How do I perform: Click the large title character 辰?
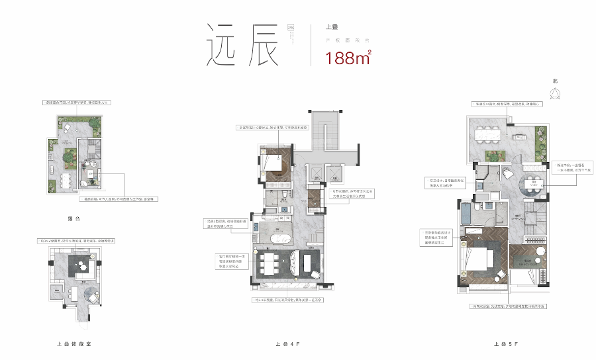pos(260,45)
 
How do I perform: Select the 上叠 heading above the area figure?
pos(332,28)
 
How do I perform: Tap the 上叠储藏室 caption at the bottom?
pos(78,345)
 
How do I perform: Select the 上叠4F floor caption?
pos(287,345)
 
